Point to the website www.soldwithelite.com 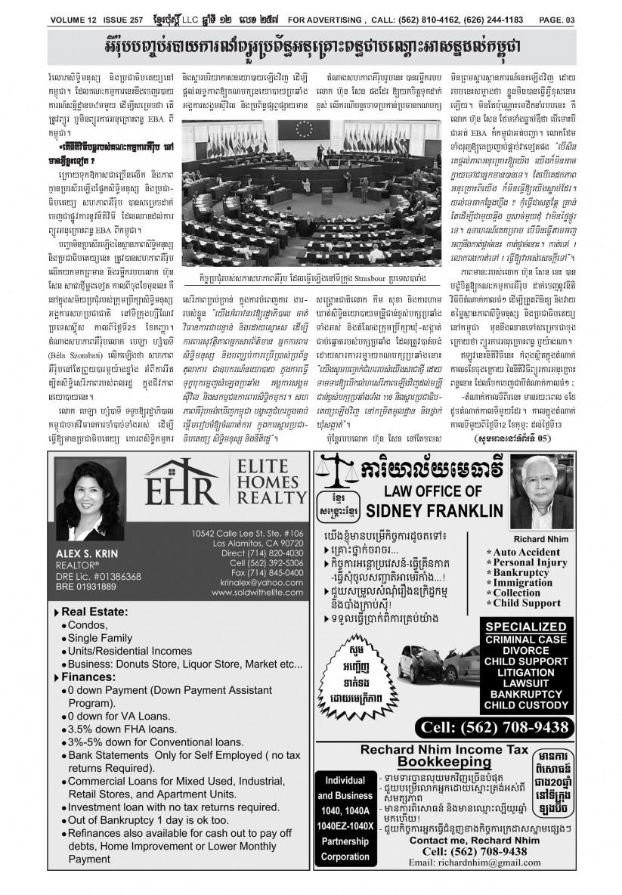258,593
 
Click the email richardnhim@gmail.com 464,862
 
